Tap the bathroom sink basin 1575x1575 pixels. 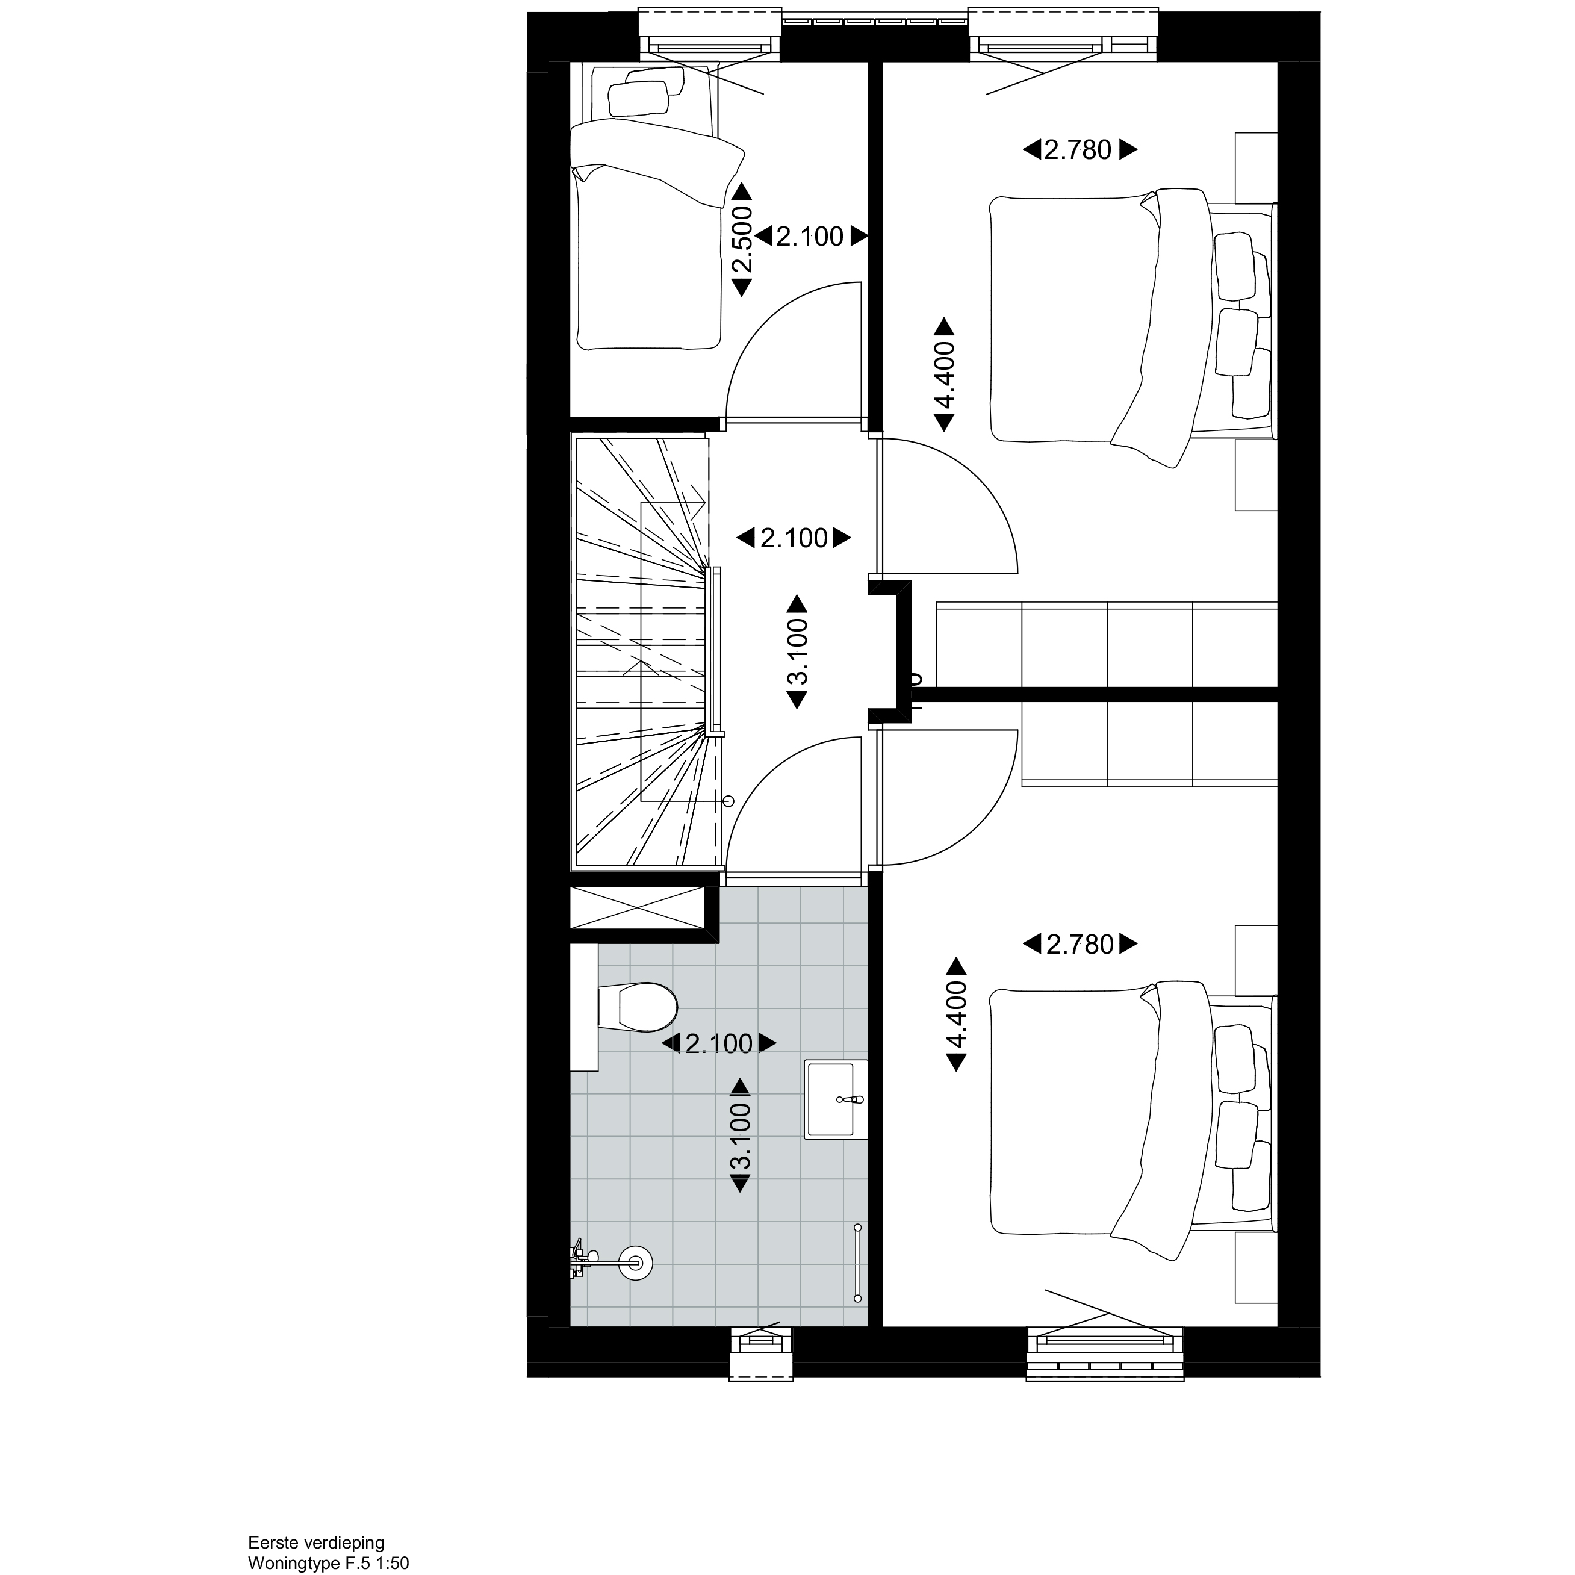click(x=836, y=1099)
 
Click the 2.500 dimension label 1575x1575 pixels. click(x=741, y=240)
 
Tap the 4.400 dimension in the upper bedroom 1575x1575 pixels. click(x=944, y=375)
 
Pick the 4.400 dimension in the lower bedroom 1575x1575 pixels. click(x=955, y=1014)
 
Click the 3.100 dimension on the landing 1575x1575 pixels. click(x=797, y=652)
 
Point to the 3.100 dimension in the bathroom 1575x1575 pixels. click(x=740, y=1135)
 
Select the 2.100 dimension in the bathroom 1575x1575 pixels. click(x=719, y=1043)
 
